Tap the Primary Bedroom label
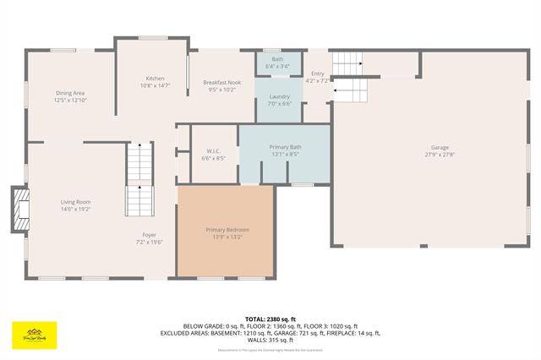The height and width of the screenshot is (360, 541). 227,230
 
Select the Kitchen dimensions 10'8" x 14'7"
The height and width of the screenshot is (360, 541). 155,85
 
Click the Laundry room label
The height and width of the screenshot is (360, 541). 280,96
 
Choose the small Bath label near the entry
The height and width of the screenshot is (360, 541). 277,59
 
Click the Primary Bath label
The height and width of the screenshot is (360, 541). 285,148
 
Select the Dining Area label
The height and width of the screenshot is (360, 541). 70,93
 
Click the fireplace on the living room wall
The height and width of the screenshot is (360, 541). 18,208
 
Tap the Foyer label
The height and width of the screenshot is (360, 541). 149,235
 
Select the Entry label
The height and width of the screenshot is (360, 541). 318,74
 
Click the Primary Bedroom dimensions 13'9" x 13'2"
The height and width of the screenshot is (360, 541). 227,237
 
